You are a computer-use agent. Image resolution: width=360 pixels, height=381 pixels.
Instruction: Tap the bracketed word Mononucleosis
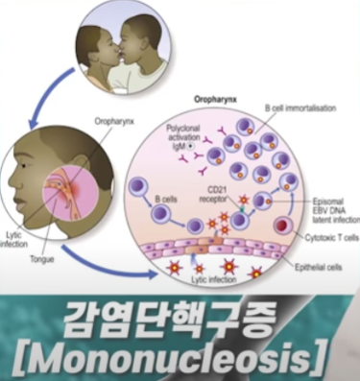pos(180,358)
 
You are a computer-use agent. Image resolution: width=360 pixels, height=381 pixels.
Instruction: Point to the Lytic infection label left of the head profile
pos(14,238)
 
